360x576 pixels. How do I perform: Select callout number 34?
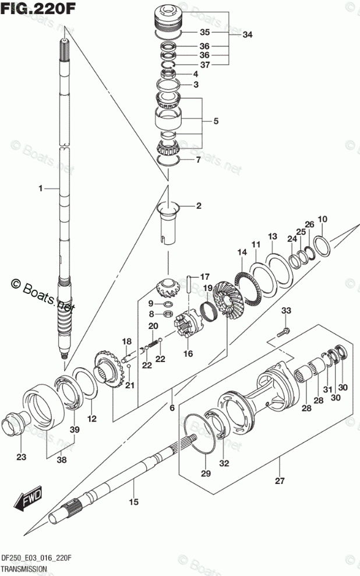click(x=248, y=34)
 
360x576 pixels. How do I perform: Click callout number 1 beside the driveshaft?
click(x=41, y=188)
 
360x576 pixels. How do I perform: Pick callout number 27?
click(x=280, y=481)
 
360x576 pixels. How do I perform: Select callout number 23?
click(x=21, y=457)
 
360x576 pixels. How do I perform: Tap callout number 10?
click(x=322, y=219)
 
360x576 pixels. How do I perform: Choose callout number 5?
click(x=215, y=121)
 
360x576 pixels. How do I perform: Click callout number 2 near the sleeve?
click(x=198, y=206)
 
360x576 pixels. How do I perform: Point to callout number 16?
click(x=188, y=354)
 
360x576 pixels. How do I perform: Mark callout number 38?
click(x=61, y=459)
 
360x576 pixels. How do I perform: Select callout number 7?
click(x=198, y=159)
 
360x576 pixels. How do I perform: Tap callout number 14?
click(x=242, y=252)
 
